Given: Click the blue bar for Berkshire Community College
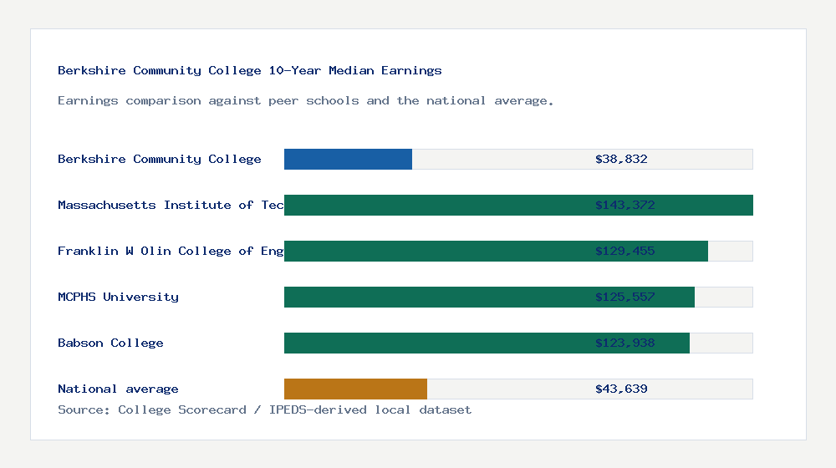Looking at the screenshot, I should coord(348,159).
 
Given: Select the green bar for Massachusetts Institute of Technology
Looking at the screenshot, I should coord(435,205).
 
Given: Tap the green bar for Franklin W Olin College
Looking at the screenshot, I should coord(435,251).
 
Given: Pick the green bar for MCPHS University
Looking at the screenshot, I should coord(435,297).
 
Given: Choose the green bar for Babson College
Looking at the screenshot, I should coord(435,343).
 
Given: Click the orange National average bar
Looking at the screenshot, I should coord(355,389).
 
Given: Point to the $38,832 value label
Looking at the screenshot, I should coord(621,159).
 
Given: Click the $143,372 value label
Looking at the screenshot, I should coord(621,205).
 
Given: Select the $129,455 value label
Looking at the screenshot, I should coord(621,251).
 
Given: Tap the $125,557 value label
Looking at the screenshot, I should coord(621,297).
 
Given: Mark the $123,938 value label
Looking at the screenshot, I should coord(621,343).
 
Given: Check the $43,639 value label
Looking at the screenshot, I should coord(621,389).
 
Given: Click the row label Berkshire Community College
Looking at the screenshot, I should coord(159,159).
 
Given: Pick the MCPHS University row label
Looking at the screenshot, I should coord(118,297).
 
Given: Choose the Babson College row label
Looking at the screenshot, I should coord(110,343).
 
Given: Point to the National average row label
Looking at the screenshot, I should coord(118,389).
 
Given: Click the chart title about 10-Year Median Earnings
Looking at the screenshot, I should coord(249,70).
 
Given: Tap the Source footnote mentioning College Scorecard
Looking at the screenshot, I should coord(264,409).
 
